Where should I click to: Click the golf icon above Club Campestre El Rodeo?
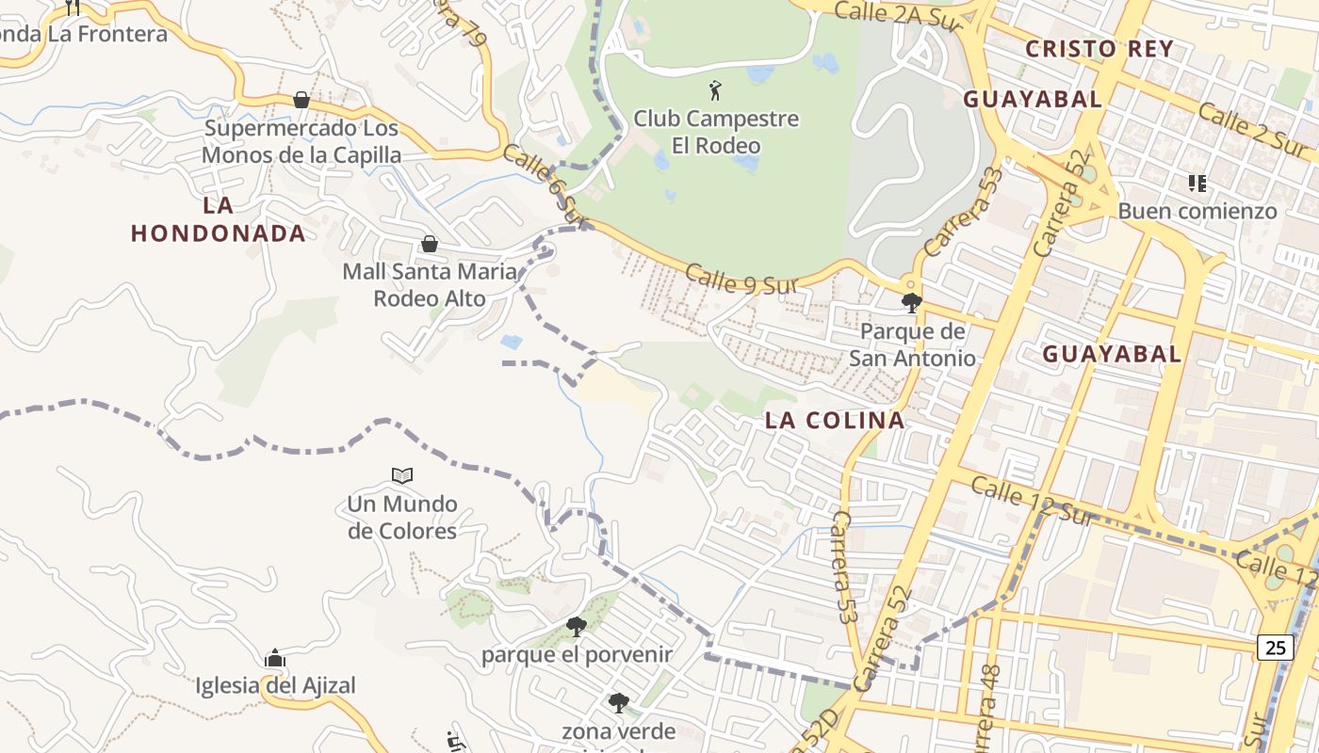tap(715, 91)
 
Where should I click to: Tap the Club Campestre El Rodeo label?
tap(716, 132)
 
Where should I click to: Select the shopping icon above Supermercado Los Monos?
tap(301, 100)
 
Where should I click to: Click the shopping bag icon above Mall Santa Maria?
tap(430, 245)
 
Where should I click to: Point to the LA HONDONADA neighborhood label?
tap(219, 219)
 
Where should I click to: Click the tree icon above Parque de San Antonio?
tap(911, 303)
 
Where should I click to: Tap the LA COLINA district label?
tap(835, 420)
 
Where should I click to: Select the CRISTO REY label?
tap(1099, 49)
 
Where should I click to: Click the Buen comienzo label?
tap(1197, 211)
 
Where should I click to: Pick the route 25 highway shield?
tap(1276, 647)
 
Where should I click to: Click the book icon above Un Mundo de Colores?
tap(402, 476)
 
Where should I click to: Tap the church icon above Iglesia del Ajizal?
tap(275, 658)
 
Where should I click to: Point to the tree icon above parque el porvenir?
tap(577, 627)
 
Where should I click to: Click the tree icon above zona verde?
tap(618, 702)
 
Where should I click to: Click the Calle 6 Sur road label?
tap(546, 184)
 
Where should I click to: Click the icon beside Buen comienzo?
tap(1197, 183)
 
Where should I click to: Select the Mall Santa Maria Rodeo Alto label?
tap(430, 285)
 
